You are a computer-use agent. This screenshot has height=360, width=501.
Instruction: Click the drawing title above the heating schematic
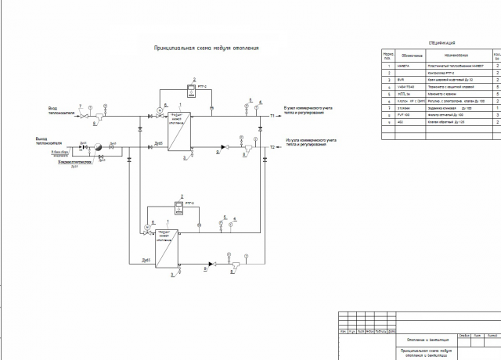pyautogui.click(x=207, y=49)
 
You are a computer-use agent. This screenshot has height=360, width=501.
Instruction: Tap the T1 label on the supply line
pyautogui.click(x=273, y=117)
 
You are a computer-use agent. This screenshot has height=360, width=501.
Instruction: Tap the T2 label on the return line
pyautogui.click(x=273, y=147)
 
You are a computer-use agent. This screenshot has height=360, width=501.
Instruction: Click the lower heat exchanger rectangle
pyautogui.click(x=167, y=250)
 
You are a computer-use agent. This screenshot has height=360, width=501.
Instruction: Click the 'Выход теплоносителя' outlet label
pyautogui.click(x=59, y=141)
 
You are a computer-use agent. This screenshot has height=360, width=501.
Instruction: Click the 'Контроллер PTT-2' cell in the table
pyautogui.click(x=439, y=73)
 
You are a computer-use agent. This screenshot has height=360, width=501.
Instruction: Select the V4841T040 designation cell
pyautogui.click(x=405, y=86)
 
